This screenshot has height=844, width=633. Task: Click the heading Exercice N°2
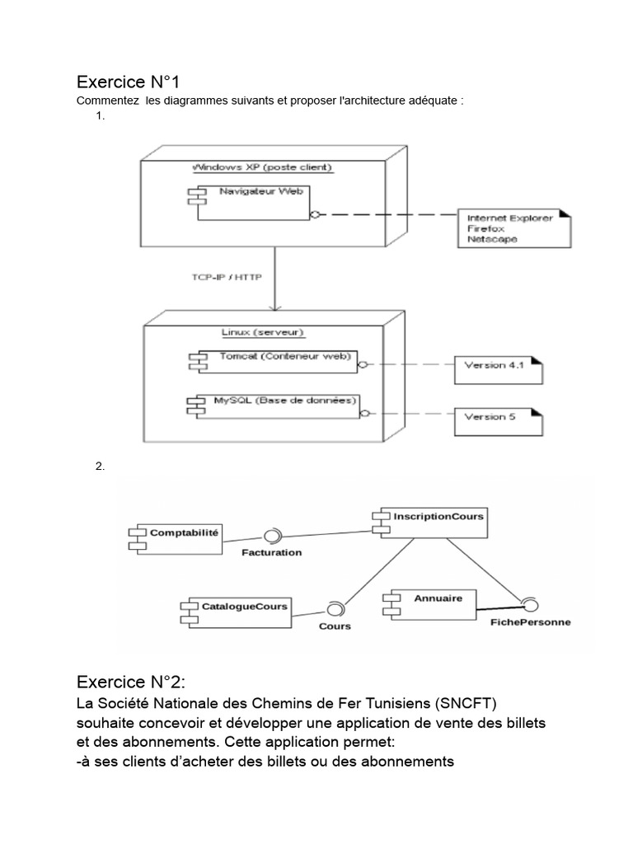(x=131, y=682)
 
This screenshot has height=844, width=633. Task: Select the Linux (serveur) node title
(x=264, y=332)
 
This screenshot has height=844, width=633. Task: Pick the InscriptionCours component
(x=428, y=523)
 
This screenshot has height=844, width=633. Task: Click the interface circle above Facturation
(x=271, y=533)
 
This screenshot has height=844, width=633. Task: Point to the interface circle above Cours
(x=334, y=609)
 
